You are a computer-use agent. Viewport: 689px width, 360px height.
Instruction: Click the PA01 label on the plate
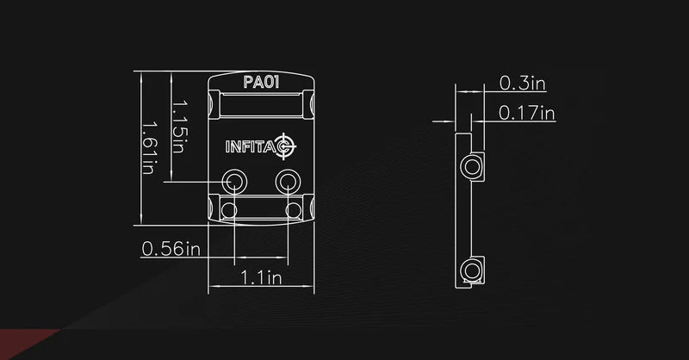point(261,83)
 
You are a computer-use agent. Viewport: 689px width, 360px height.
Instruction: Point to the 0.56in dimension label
point(170,250)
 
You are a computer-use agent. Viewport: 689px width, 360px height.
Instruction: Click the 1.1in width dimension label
point(260,277)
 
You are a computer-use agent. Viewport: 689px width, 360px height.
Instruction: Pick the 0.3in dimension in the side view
point(523,83)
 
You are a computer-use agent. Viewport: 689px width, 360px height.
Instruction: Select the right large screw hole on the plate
point(287,182)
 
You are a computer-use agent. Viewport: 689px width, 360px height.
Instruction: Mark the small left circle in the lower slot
point(227,209)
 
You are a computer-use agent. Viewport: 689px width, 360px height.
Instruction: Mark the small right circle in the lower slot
point(295,209)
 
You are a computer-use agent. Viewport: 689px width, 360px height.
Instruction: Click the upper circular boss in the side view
point(470,165)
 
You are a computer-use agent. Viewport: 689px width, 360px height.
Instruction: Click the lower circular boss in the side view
point(470,270)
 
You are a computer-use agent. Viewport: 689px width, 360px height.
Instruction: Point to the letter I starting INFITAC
point(228,146)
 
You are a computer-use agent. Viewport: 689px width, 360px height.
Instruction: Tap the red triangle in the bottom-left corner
point(26,344)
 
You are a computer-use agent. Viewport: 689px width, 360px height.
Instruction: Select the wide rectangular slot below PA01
point(261,106)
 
